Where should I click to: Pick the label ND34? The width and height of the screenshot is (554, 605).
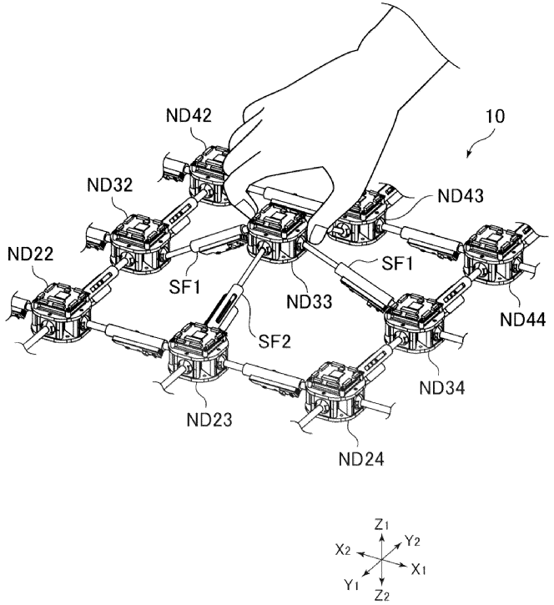pos(443,387)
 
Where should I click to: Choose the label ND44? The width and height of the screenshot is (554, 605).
pos(524,318)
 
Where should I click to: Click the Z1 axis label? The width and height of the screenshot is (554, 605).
pos(381,525)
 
